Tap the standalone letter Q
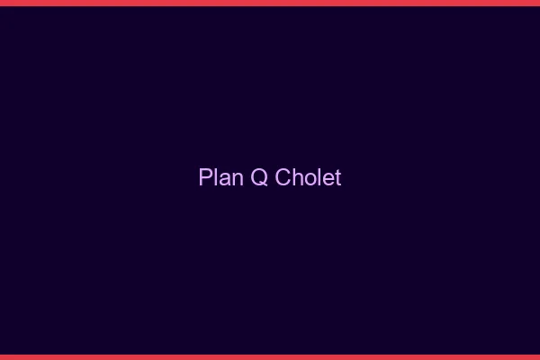[259, 177]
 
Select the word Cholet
[308, 177]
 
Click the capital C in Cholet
[283, 177]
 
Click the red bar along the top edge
[270, 3]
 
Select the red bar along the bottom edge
[270, 356]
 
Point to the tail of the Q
[264, 184]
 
